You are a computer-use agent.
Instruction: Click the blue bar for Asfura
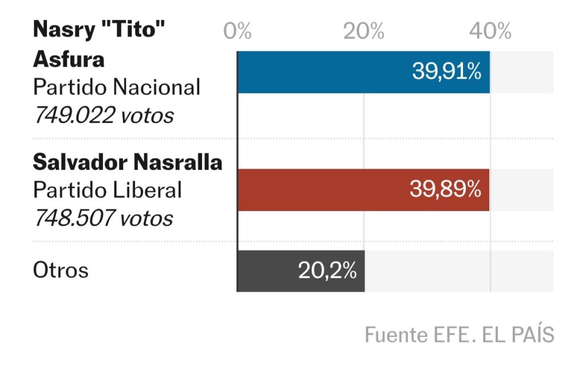click(320, 72)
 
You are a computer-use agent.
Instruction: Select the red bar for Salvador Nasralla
click(320, 190)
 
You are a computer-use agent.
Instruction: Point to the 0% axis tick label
click(237, 31)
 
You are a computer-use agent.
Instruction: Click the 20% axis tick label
click(364, 31)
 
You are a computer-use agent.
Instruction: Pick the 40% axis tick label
click(490, 31)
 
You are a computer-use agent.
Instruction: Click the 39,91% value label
click(447, 72)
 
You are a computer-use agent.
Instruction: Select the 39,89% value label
click(446, 190)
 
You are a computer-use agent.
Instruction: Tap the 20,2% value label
click(327, 271)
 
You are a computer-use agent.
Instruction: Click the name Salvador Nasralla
click(128, 163)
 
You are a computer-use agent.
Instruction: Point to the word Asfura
click(69, 59)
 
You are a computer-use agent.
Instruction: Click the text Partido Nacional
click(117, 87)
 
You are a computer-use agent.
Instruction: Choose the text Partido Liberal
click(108, 190)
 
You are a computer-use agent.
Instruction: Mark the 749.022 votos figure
click(104, 115)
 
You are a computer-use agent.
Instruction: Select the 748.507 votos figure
click(103, 217)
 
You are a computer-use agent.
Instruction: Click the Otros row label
click(61, 270)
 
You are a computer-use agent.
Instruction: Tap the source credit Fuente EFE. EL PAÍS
click(459, 335)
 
